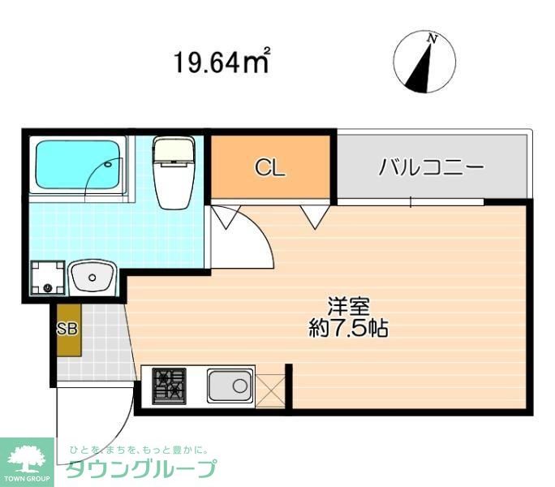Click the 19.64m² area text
click(x=221, y=62)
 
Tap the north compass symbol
click(x=424, y=62)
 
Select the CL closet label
click(x=270, y=168)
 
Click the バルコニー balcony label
click(x=431, y=168)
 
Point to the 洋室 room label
click(x=349, y=307)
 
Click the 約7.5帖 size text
click(x=349, y=329)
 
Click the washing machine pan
click(x=47, y=278)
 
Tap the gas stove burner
click(x=170, y=385)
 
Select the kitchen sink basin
click(x=230, y=385)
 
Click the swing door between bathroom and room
click(x=243, y=239)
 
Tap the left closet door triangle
click(x=225, y=214)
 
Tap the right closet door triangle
click(x=315, y=214)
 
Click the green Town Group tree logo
click(x=27, y=459)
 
